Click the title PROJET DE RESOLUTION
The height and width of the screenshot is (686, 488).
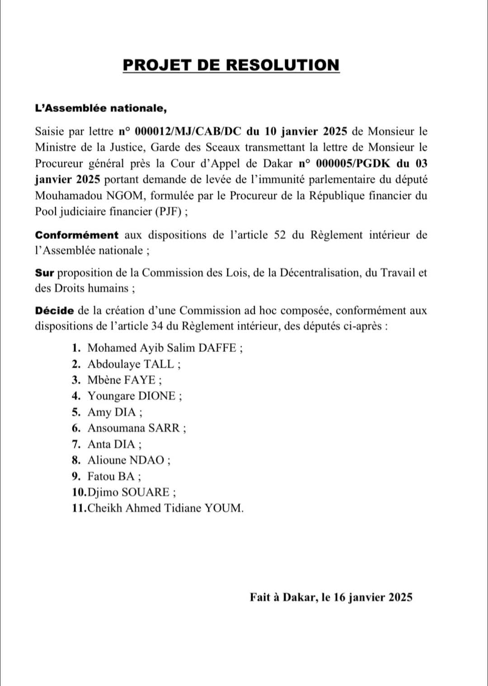tap(231, 65)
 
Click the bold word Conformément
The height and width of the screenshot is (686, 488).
tap(77, 235)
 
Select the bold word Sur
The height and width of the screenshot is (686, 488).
tap(44, 273)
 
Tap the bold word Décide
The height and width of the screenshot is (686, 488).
tap(54, 311)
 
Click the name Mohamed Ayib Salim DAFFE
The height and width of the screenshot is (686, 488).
tap(162, 348)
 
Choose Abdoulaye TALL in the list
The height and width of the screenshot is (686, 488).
tap(131, 364)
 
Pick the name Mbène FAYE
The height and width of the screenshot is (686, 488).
tap(122, 380)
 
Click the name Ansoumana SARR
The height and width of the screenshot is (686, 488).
tap(134, 428)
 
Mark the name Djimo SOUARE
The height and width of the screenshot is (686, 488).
tap(129, 492)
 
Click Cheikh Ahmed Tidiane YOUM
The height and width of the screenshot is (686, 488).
tap(165, 508)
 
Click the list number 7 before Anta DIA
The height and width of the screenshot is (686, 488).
tap(75, 445)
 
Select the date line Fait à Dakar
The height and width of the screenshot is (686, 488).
tap(331, 597)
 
